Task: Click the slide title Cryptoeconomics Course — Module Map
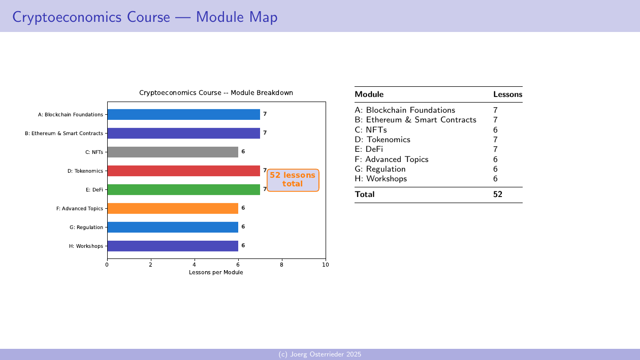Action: (x=145, y=17)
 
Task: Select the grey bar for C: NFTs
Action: (x=172, y=152)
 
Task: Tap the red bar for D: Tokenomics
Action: (x=183, y=171)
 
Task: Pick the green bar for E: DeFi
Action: (x=183, y=189)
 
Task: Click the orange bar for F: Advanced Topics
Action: (x=172, y=208)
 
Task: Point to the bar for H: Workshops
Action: (x=172, y=246)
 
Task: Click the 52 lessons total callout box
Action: (x=293, y=180)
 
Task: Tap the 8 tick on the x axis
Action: (x=282, y=265)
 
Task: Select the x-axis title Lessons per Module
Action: (x=216, y=273)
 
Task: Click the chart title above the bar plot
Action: (x=216, y=93)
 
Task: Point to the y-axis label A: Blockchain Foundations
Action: (x=71, y=115)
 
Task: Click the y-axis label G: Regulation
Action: (x=86, y=227)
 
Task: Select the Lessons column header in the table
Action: (x=507, y=94)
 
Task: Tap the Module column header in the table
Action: (x=369, y=94)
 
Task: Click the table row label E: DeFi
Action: (x=369, y=149)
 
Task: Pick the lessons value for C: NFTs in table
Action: (x=495, y=130)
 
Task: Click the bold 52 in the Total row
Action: (x=498, y=194)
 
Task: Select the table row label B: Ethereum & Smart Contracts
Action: (x=415, y=120)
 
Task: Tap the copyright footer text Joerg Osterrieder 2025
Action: (x=320, y=354)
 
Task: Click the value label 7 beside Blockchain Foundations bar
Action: (x=265, y=114)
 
